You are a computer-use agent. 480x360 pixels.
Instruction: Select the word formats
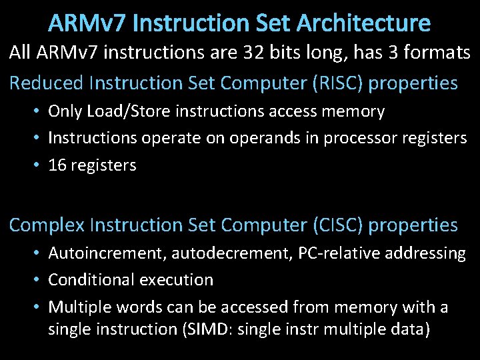pyautogui.click(x=431, y=53)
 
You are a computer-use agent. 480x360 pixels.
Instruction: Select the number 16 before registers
pyautogui.click(x=57, y=165)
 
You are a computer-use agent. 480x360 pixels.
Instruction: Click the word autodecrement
pyautogui.click(x=213, y=253)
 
